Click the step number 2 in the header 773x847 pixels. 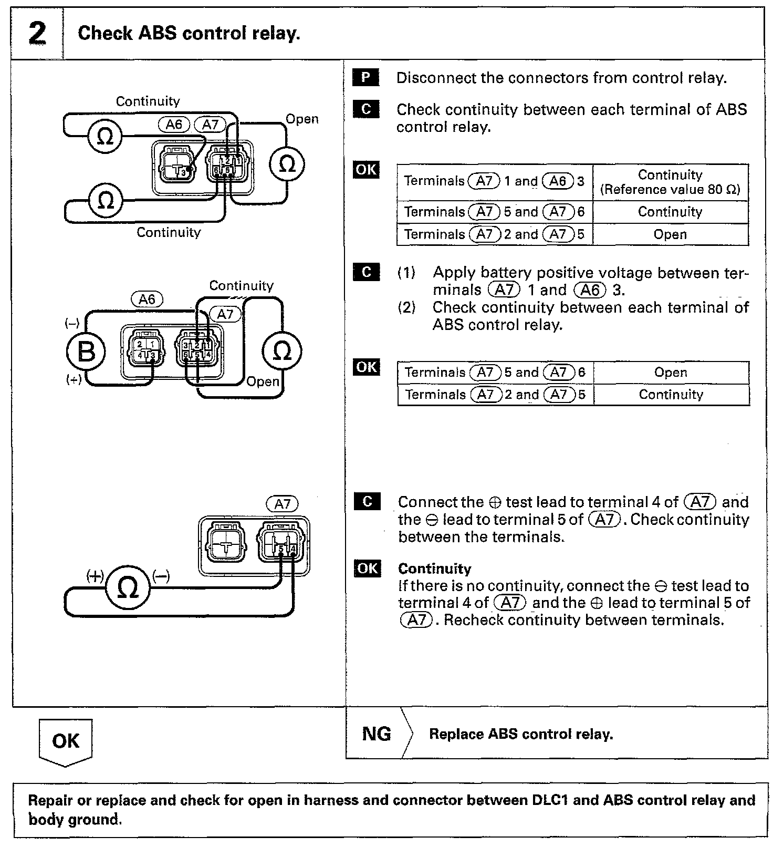37,33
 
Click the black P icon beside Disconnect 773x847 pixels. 365,78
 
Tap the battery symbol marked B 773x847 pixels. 86,351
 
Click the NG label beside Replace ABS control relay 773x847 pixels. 377,734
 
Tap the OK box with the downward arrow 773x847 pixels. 66,741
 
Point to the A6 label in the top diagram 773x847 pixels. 174,125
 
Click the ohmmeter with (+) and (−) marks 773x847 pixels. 128,587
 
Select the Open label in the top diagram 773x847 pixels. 302,119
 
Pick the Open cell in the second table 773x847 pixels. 671,373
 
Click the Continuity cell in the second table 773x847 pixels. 671,395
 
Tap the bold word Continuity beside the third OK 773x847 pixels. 434,569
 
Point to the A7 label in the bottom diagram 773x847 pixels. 283,504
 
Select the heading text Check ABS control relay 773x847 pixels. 189,33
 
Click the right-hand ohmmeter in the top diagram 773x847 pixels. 287,164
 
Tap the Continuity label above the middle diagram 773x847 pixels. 241,286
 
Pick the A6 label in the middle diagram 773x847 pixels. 147,299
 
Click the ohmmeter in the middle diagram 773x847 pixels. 282,351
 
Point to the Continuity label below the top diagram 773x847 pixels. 169,232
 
